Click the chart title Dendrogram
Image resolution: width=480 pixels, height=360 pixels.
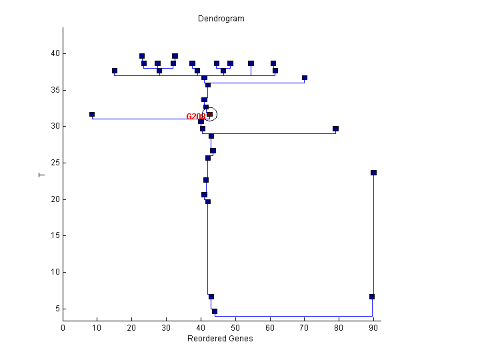[x=221, y=19]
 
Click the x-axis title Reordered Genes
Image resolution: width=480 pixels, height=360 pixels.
[x=220, y=339]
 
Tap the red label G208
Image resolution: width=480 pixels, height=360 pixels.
[x=195, y=117]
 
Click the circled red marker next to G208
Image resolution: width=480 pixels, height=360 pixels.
[x=209, y=115]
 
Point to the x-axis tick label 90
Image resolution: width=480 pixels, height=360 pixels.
[x=373, y=327]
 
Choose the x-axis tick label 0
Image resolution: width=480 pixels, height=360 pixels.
[x=63, y=327]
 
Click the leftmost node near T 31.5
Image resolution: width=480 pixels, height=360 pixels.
[x=92, y=115]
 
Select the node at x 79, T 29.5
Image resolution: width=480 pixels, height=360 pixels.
[x=335, y=129]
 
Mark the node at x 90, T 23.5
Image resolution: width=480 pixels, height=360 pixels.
[x=373, y=173]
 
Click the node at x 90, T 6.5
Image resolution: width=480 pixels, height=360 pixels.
[x=372, y=297]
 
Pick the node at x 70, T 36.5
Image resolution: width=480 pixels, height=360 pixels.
[x=305, y=78]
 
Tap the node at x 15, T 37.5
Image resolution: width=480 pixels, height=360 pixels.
[x=115, y=71]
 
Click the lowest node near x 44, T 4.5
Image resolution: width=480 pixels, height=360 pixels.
[x=215, y=311]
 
